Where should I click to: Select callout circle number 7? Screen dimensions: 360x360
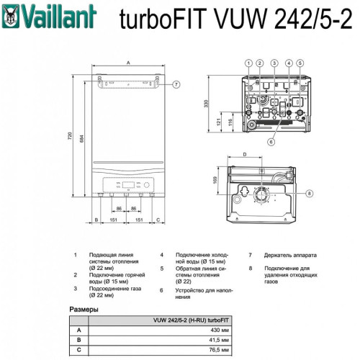point(176,85)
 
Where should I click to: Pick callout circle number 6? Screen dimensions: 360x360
point(270,142)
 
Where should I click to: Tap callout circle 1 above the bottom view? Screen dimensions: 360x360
point(248,63)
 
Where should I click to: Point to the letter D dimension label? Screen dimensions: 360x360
point(245,154)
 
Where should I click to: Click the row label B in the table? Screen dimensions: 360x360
point(79,339)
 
